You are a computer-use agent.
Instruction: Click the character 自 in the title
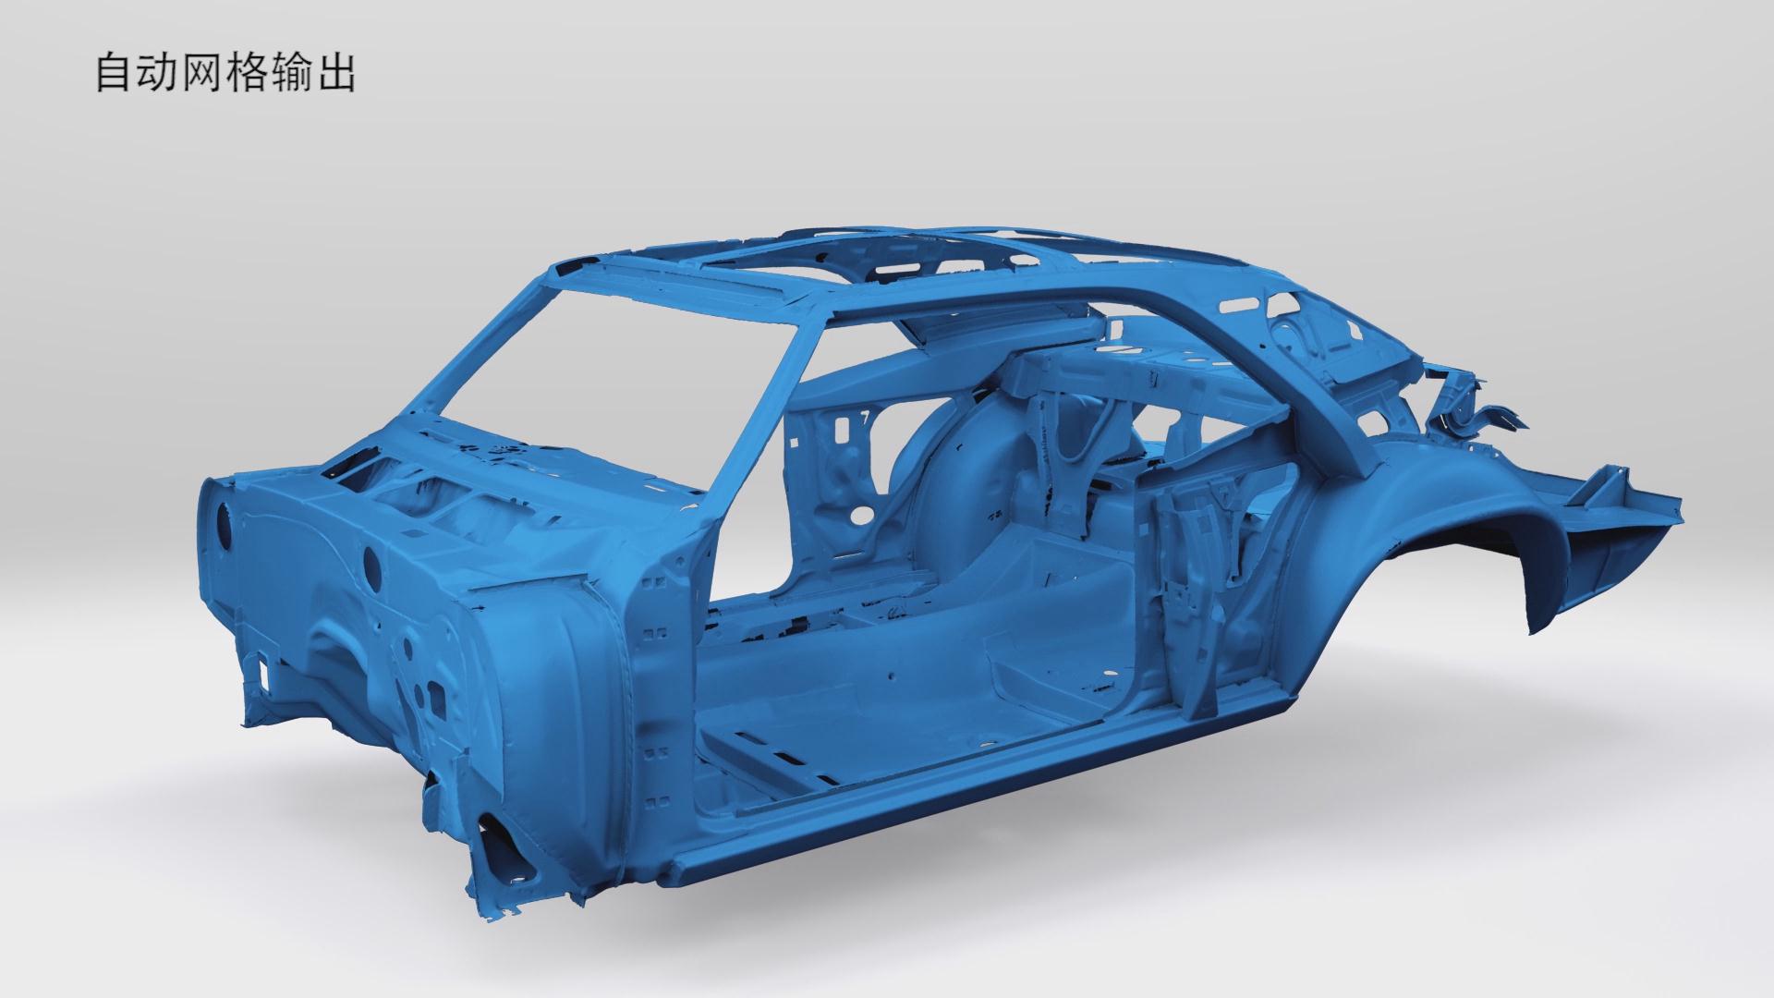(x=113, y=74)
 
